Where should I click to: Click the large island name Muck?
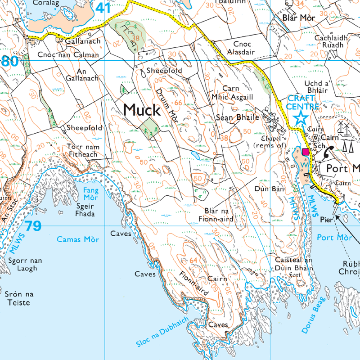click(142, 110)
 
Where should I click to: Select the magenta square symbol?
click(306, 152)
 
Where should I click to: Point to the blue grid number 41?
click(103, 8)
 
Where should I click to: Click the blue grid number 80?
click(9, 60)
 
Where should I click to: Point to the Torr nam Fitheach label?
click(82, 150)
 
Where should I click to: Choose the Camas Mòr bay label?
click(77, 239)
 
